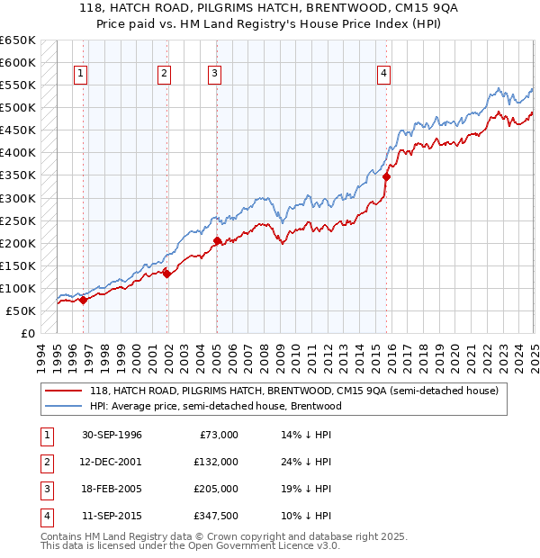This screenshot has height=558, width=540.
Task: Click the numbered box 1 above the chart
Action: (x=80, y=74)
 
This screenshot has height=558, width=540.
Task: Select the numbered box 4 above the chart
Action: (x=383, y=74)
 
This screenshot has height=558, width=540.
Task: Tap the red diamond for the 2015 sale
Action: (x=386, y=176)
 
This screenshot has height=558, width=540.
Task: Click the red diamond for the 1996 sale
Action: (x=83, y=301)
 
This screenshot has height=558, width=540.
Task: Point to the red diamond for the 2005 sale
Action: (x=218, y=240)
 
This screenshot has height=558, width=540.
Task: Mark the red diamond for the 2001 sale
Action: (x=166, y=274)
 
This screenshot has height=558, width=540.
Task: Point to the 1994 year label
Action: (x=41, y=356)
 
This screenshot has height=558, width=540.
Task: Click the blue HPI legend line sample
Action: (x=64, y=406)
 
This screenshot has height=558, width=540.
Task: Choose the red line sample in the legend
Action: (x=64, y=391)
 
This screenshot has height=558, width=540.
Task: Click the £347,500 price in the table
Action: (x=215, y=517)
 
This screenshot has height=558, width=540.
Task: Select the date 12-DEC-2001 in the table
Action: (x=112, y=463)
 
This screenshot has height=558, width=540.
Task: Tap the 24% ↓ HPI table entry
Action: (x=307, y=463)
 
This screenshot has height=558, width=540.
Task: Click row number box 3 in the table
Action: (x=44, y=490)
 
